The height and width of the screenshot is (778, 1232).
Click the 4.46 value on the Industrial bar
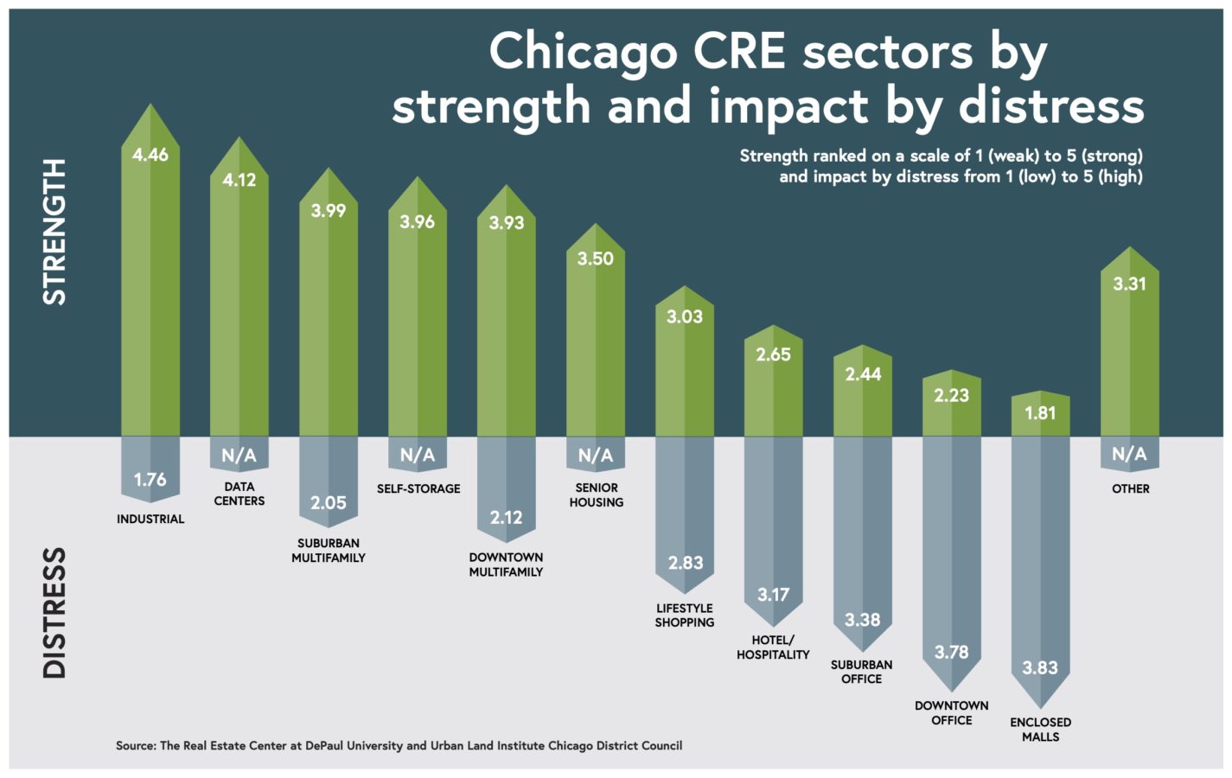click(x=150, y=155)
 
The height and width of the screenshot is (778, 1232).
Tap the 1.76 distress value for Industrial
click(x=150, y=480)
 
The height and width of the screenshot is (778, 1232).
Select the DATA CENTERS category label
click(x=239, y=494)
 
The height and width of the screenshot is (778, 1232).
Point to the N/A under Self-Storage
click(x=417, y=455)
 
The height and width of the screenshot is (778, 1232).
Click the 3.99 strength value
click(x=329, y=211)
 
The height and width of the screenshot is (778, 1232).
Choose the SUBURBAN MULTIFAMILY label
click(x=329, y=551)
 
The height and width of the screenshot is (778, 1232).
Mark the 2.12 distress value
click(x=506, y=518)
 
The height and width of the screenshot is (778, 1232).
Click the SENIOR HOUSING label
click(x=596, y=494)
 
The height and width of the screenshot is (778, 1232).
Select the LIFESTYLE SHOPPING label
click(x=684, y=615)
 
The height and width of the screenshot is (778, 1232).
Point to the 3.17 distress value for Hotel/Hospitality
click(x=773, y=595)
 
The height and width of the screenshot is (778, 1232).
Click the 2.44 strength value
click(x=863, y=374)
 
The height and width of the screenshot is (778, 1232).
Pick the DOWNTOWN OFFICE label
click(x=951, y=712)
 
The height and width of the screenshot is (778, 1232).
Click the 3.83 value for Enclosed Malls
click(x=1040, y=667)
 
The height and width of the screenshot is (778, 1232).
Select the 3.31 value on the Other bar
click(x=1129, y=284)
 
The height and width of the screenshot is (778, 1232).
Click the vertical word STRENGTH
click(x=54, y=232)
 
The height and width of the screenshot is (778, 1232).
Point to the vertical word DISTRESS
click(x=54, y=613)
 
